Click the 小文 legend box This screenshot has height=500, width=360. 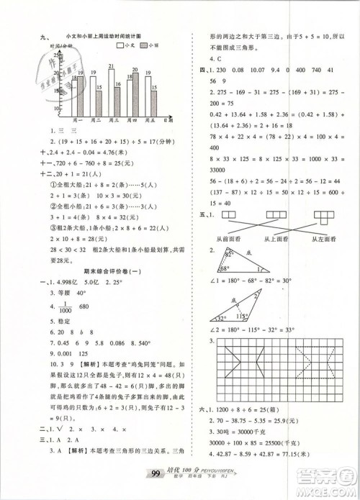(x=120, y=45)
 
